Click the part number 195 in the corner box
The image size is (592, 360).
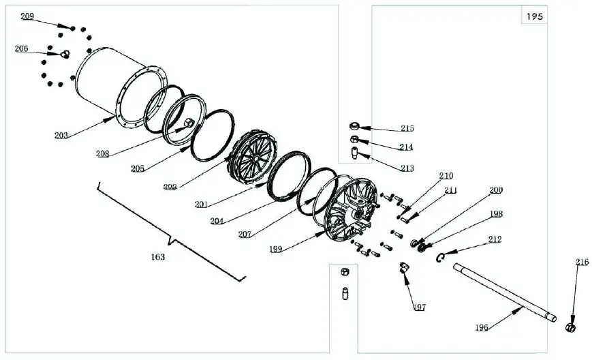tap(535, 16)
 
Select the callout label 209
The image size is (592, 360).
tap(27, 16)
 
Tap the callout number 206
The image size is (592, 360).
tap(22, 48)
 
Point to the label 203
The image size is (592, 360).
tap(62, 135)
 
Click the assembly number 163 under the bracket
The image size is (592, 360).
tap(158, 257)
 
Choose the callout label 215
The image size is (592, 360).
tap(407, 128)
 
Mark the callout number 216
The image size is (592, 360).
tap(582, 262)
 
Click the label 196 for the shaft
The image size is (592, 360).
tap(482, 328)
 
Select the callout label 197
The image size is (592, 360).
tap(419, 307)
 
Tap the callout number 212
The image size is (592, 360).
tap(495, 239)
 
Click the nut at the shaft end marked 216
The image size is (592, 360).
tap(571, 328)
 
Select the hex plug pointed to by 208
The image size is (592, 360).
tap(188, 123)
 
